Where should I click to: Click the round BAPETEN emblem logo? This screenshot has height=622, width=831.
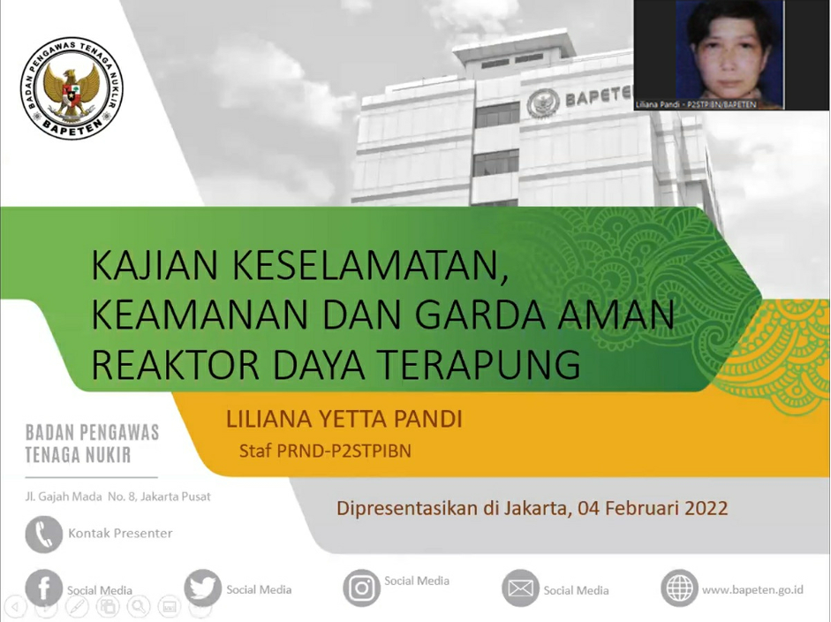coord(72,88)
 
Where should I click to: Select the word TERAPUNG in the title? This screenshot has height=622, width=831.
coord(480,364)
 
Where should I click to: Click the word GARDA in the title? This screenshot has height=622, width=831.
coord(480,315)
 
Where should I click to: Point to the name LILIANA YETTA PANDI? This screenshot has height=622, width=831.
coord(344,419)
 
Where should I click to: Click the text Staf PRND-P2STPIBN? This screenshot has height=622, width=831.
coord(325,451)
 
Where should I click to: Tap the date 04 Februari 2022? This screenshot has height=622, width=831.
coord(653,508)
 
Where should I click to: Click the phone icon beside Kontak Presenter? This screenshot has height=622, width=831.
coord(44,534)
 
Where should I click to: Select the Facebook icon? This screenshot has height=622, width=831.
coord(43,588)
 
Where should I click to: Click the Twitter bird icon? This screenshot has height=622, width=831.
coord(203,588)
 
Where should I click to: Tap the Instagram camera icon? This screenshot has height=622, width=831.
coord(361,588)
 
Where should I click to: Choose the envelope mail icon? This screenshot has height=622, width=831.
coord(520,588)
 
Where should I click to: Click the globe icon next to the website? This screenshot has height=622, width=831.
coord(679,588)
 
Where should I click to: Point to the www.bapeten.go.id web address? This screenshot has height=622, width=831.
coord(752,589)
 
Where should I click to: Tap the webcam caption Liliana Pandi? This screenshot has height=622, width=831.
coord(658,104)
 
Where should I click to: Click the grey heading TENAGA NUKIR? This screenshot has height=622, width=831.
coord(78,455)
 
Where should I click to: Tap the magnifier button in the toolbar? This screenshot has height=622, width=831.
coord(139,606)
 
